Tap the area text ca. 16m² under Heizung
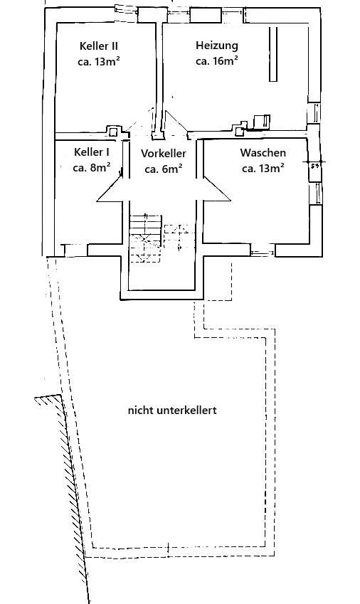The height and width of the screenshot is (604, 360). pos(217,61)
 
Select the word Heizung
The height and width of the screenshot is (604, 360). pos(217,46)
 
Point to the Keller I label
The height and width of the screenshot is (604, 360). pos(91,152)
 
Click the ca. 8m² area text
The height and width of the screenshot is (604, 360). pos(91,168)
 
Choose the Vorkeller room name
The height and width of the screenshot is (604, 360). pos(164,153)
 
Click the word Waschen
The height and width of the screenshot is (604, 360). pos(263,152)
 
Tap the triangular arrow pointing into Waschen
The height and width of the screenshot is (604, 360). pos(216,189)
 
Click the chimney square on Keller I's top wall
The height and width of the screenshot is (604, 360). pos(113,130)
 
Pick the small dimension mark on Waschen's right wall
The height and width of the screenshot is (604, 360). pos(313,164)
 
